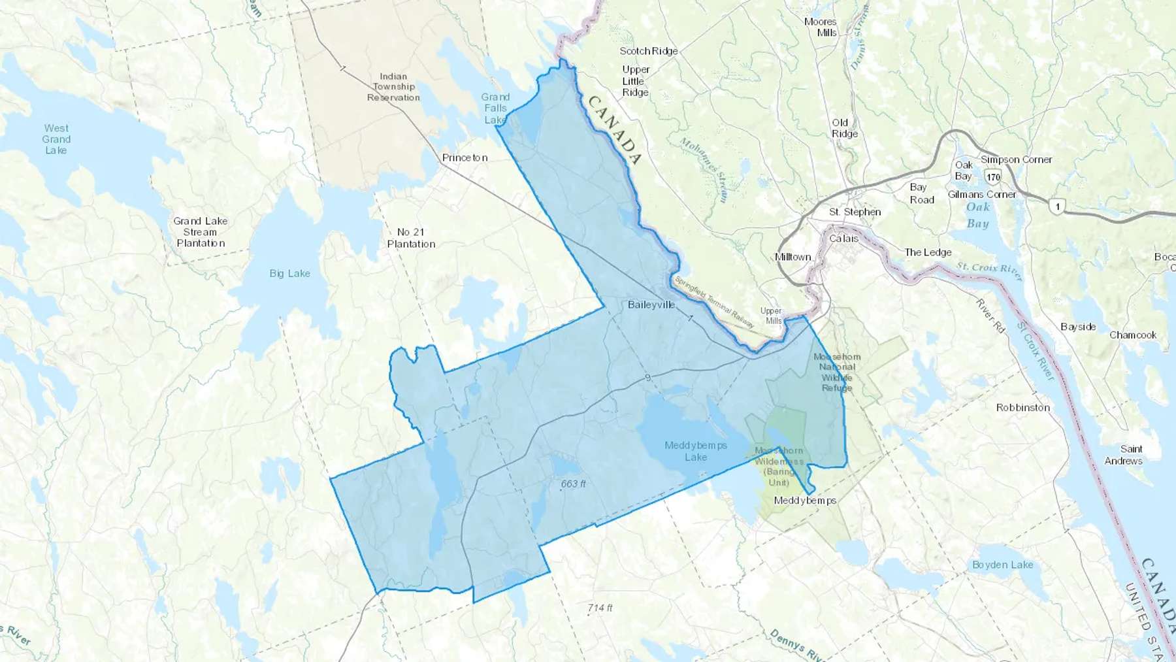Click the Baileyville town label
651,305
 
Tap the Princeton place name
465,157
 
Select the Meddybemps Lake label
696,451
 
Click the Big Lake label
289,273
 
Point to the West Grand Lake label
56,139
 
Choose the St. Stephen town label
855,212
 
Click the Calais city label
843,239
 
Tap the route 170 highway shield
994,176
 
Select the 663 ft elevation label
573,484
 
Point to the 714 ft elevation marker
600,608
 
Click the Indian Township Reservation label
393,87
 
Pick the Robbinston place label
1022,407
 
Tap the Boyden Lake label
1002,565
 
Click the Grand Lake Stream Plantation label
201,232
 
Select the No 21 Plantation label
411,238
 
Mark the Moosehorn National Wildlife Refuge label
837,372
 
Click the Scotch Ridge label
648,51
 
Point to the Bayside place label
1078,327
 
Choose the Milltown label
792,257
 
